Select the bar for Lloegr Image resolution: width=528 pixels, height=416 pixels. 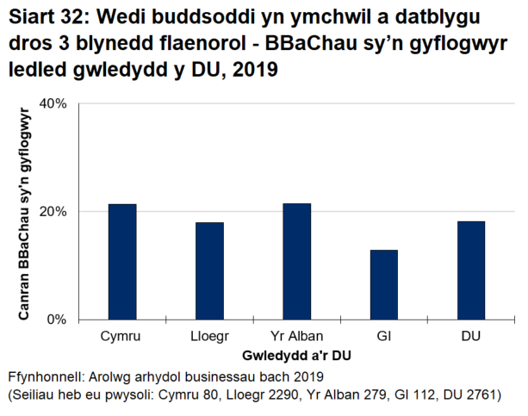pyautogui.click(x=209, y=271)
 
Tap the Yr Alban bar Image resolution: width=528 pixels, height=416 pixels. pyautogui.click(x=296, y=262)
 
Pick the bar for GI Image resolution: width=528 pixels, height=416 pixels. pyautogui.click(x=383, y=285)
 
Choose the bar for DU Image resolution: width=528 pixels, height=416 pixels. pyautogui.click(x=470, y=270)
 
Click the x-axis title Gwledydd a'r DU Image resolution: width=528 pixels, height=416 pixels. pyautogui.click(x=296, y=355)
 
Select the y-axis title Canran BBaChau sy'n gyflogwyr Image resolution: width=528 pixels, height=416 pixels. pyautogui.click(x=26, y=212)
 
